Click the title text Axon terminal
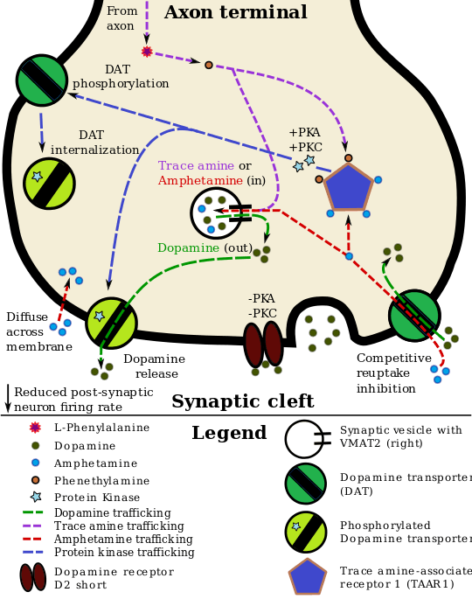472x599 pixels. tap(235, 13)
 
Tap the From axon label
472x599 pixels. tap(121, 18)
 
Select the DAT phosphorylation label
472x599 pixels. tap(121, 77)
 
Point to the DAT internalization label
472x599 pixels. tap(94, 143)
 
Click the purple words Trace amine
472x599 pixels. tap(196, 166)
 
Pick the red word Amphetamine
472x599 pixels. tap(199, 181)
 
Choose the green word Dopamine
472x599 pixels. tap(189, 248)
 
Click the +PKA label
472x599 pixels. tap(304, 133)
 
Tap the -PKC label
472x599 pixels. tap(262, 314)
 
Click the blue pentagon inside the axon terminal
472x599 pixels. tap(348, 187)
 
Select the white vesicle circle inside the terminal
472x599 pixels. tap(215, 212)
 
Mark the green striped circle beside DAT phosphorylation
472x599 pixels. tap(42, 80)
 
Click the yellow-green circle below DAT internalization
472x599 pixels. tap(49, 184)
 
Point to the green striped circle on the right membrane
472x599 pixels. tap(413, 316)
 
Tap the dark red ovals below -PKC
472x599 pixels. tap(263, 344)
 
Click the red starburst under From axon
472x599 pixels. tap(147, 52)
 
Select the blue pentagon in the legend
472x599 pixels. tap(308, 577)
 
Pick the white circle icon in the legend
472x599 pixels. tap(303, 439)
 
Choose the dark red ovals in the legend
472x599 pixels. tap(33, 577)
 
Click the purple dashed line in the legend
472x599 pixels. tap(32, 526)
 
